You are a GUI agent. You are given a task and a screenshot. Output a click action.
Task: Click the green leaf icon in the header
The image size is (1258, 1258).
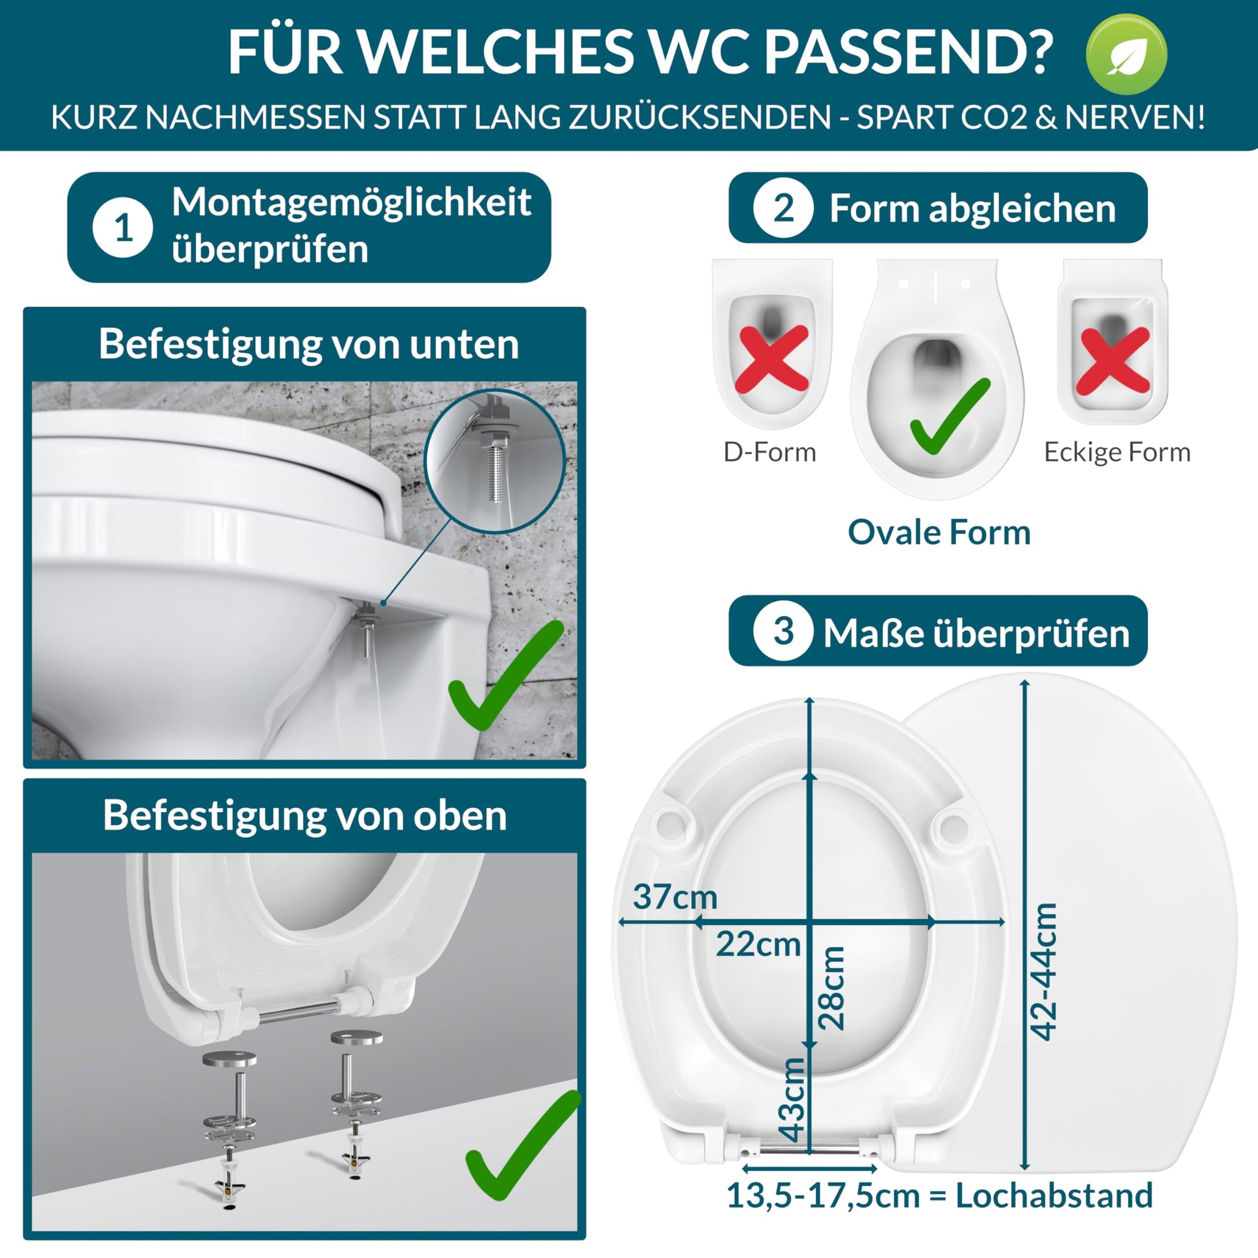[1127, 54]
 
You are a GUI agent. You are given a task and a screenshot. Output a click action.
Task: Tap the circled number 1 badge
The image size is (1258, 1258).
[123, 228]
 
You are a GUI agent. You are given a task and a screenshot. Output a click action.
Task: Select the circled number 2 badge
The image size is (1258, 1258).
[784, 208]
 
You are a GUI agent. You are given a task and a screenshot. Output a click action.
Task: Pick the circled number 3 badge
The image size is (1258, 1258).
[784, 630]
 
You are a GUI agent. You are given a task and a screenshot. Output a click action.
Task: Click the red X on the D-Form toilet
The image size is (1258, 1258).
[772, 359]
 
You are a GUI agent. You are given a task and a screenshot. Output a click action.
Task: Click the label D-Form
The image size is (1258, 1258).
[770, 452]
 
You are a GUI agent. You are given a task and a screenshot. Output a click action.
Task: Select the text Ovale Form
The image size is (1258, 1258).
[939, 532]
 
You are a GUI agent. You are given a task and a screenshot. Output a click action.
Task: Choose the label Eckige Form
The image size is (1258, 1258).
[1117, 452]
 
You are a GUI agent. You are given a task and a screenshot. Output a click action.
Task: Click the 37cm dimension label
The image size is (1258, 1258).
[676, 897]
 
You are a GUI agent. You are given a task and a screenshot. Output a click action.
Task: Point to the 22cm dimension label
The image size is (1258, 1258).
[758, 944]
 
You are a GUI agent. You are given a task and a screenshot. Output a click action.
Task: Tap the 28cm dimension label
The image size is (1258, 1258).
[831, 988]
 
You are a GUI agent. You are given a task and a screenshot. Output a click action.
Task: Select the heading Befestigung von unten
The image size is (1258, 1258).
[308, 343]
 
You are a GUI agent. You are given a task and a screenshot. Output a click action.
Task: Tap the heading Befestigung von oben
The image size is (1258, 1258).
[304, 815]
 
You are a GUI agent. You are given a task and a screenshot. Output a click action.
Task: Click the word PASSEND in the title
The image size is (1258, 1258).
[908, 52]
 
